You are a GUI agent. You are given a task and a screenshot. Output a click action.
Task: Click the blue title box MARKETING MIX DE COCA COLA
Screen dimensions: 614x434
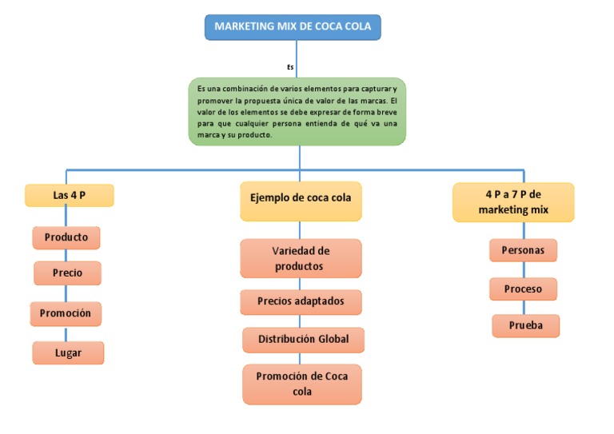[x=293, y=27]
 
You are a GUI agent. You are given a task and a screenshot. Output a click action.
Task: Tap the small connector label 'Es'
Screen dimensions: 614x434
[x=290, y=67]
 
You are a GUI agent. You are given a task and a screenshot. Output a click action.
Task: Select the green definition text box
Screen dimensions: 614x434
[x=297, y=112]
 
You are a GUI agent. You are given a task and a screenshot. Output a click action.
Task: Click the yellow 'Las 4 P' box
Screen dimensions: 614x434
[x=70, y=195]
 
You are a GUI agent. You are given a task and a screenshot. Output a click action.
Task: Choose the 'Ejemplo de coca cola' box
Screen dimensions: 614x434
[x=301, y=201]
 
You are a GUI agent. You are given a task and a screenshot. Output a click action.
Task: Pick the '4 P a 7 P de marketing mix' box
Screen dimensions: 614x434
[x=513, y=202]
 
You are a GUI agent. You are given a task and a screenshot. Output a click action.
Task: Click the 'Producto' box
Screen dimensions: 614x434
[x=66, y=237]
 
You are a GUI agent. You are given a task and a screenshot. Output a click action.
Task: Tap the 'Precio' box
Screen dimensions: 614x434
[x=67, y=273]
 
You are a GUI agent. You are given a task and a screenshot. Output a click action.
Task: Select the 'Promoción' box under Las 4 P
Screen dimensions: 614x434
[x=66, y=313]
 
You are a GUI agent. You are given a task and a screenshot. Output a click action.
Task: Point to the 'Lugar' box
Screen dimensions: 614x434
[x=68, y=353]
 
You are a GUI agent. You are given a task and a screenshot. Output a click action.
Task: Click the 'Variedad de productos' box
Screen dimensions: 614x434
[x=301, y=258]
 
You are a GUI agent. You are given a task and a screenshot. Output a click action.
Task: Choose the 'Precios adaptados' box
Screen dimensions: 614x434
[x=301, y=302]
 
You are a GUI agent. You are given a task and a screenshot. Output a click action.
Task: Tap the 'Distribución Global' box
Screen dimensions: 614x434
[x=303, y=340]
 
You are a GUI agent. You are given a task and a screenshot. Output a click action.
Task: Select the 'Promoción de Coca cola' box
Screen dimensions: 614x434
[x=302, y=384]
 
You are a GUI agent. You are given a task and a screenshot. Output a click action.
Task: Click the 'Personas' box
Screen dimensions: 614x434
[x=523, y=250]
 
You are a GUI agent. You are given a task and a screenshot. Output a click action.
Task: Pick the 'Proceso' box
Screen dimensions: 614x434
[x=523, y=289]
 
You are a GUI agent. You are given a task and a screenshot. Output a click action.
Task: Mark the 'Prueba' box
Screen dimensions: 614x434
[x=525, y=325]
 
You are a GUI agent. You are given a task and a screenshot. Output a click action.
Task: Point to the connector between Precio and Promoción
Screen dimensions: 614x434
[x=66, y=293]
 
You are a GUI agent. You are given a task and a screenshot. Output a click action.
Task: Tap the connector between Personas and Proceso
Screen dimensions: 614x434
[x=524, y=270]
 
